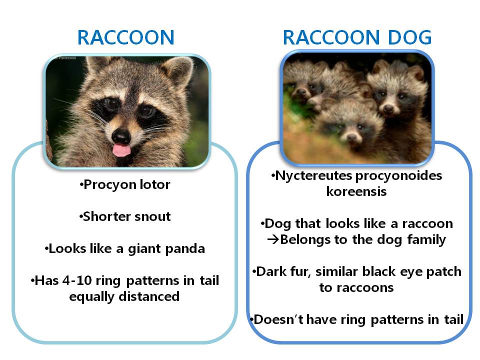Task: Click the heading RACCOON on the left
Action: (x=125, y=37)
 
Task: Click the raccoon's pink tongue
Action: (x=119, y=149)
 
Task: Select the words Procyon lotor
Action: (x=127, y=185)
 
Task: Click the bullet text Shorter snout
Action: (x=127, y=216)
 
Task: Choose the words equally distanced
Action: (x=124, y=296)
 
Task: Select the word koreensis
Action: (x=356, y=191)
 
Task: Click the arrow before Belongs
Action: (x=272, y=239)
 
